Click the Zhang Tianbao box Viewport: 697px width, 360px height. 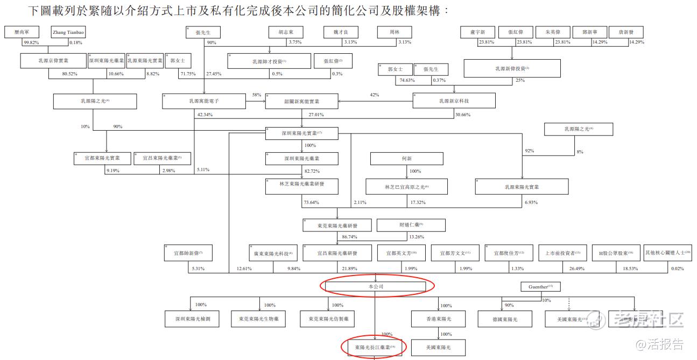pos(68,32)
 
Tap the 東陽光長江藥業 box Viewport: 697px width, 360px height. pos(375,347)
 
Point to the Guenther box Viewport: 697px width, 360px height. pos(540,286)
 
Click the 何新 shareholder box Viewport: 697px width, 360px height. pos(406,158)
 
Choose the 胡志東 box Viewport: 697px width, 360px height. pos(293,32)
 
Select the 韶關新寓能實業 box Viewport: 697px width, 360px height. pos(302,101)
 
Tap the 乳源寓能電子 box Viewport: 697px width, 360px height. pos(204,101)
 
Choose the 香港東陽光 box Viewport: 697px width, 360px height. pos(438,319)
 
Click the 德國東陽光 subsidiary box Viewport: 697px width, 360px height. pos(505,319)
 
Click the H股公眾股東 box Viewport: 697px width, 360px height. pos(616,252)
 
